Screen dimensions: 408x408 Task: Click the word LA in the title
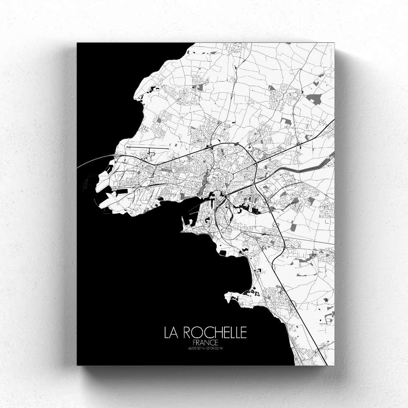[171, 333]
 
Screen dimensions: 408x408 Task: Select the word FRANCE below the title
[205, 343]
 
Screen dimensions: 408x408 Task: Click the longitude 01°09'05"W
[215, 348]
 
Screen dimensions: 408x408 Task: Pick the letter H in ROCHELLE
[211, 333]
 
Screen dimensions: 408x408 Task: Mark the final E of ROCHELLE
[244, 333]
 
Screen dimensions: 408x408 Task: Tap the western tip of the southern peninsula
[225, 295]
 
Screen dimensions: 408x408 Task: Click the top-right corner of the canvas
[334, 43]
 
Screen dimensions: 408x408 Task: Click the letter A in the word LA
[175, 333]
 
